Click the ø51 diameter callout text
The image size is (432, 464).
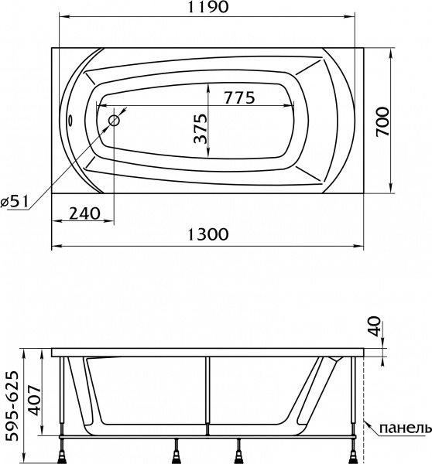[15, 201]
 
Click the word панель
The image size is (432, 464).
[401, 428]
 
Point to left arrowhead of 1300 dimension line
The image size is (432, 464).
[54, 248]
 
